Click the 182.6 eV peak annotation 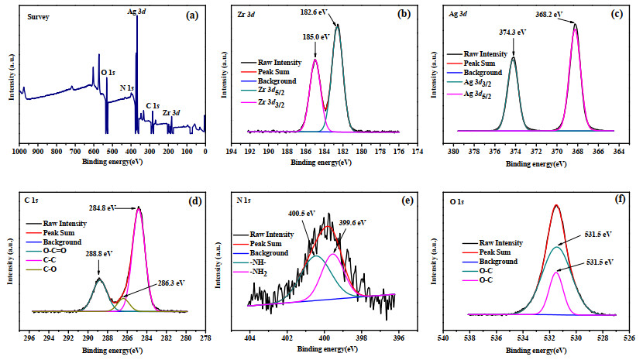(x=314, y=12)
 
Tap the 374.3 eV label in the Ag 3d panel (x=513, y=32)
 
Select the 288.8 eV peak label (x=98, y=253)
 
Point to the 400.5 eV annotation (x=301, y=213)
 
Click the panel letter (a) (x=192, y=15)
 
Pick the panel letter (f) (x=620, y=199)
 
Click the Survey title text (x=38, y=17)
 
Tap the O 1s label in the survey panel (x=108, y=73)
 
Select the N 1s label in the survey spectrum (x=127, y=87)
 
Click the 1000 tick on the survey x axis (x=19, y=152)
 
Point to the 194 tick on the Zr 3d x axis (x=232, y=152)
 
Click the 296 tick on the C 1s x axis (x=29, y=338)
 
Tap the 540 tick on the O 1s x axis (x=443, y=338)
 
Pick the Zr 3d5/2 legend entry (x=263, y=91)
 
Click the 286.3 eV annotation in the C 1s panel (x=171, y=283)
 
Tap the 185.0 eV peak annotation (x=316, y=37)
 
